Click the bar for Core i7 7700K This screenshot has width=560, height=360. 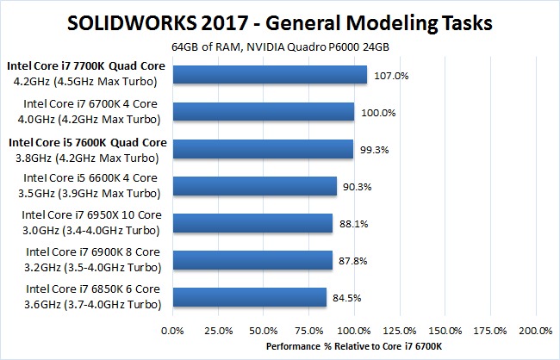(x=270, y=75)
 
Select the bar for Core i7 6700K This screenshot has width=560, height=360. (x=264, y=112)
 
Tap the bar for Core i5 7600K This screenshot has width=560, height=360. (x=263, y=150)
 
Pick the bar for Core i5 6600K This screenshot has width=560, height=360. (x=255, y=187)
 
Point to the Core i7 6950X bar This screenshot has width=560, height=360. (x=252, y=224)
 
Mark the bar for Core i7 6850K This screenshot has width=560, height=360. (x=250, y=298)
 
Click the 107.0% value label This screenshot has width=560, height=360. (x=390, y=76)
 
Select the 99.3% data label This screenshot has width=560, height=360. (x=375, y=150)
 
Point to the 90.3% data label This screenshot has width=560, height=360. (x=358, y=187)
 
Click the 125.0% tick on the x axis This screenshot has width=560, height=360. (x=400, y=330)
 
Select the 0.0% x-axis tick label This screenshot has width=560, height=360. (x=173, y=330)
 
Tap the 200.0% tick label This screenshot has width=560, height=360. (x=535, y=330)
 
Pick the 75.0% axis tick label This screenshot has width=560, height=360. (x=309, y=330)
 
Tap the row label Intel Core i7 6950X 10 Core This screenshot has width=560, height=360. (x=90, y=216)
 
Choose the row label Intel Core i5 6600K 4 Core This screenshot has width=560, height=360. (x=91, y=179)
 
